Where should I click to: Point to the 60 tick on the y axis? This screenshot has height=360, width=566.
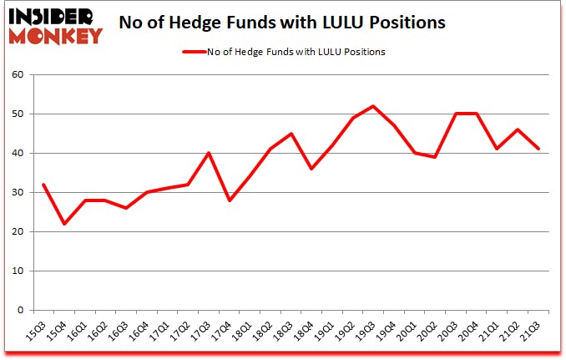click(x=22, y=74)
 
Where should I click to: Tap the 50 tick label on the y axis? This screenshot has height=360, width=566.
click(x=22, y=114)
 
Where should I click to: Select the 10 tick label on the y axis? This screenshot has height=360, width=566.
click(x=22, y=271)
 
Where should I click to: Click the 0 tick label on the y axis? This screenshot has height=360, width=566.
click(x=24, y=310)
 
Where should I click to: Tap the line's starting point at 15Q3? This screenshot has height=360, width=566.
click(x=43, y=185)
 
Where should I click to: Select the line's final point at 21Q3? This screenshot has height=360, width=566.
click(x=539, y=149)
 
